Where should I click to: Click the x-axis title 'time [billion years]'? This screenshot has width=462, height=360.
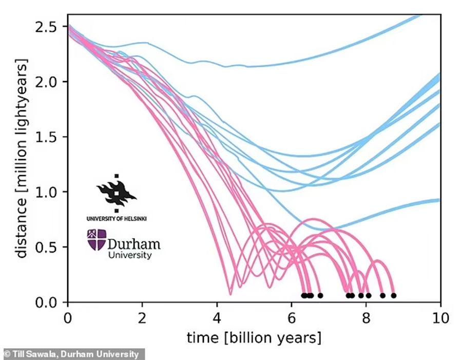(x=254, y=338)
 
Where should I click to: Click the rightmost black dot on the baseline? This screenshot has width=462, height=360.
(x=393, y=295)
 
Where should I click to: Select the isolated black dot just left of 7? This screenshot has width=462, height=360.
(x=320, y=295)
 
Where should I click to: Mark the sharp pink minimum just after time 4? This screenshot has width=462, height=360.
(x=230, y=294)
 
